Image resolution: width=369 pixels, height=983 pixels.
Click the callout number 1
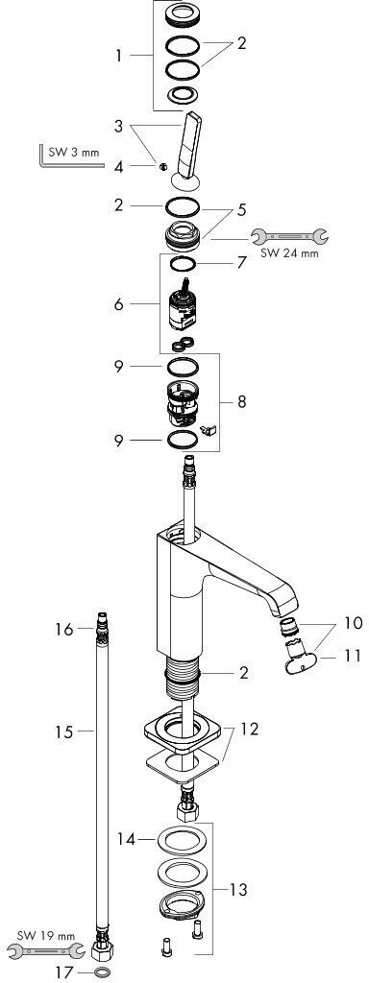118,57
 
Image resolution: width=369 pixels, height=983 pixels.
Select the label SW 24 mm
289,253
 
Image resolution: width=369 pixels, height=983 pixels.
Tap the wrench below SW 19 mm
44,950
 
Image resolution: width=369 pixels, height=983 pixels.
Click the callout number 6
118,304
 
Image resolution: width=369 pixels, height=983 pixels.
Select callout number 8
241,402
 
